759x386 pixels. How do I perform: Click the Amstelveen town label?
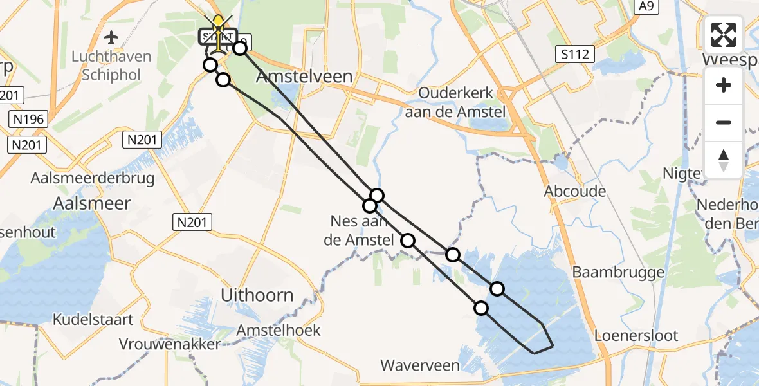pyautogui.click(x=304, y=77)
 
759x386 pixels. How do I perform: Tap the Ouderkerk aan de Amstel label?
pyautogui.click(x=462, y=102)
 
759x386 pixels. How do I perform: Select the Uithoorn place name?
pyautogui.click(x=257, y=296)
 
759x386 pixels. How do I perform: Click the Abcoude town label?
pyautogui.click(x=575, y=191)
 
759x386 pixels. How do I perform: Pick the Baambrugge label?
pyautogui.click(x=618, y=272)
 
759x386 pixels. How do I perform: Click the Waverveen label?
pyautogui.click(x=420, y=366)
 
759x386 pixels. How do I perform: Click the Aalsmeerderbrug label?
pyautogui.click(x=93, y=178)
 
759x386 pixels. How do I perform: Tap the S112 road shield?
pyautogui.click(x=574, y=54)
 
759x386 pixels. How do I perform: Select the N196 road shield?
pyautogui.click(x=28, y=119)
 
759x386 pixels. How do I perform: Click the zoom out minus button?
pyautogui.click(x=724, y=122)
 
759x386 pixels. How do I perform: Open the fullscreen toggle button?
pyautogui.click(x=724, y=35)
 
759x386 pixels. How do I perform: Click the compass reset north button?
pyautogui.click(x=724, y=160)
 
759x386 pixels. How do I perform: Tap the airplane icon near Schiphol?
pyautogui.click(x=111, y=36)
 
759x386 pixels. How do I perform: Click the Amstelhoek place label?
pyautogui.click(x=279, y=330)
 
